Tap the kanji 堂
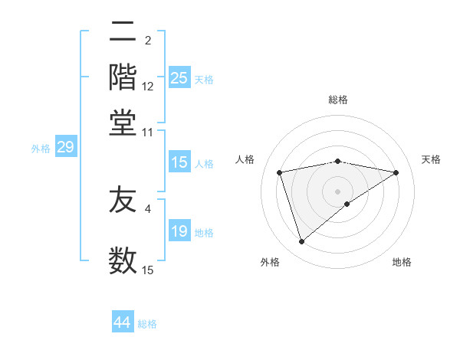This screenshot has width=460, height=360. pyautogui.click(x=123, y=122)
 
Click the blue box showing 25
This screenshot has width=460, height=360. pyautogui.click(x=179, y=78)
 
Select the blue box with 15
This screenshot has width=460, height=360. pyautogui.click(x=179, y=162)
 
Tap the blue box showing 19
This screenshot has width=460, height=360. pyautogui.click(x=179, y=232)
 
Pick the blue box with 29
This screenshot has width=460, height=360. pyautogui.click(x=65, y=148)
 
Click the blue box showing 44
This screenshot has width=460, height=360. pyautogui.click(x=123, y=323)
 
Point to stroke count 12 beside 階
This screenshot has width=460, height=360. pyautogui.click(x=148, y=87)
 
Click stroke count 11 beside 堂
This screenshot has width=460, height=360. pyautogui.click(x=148, y=132)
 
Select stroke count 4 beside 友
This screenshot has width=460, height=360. pyautogui.click(x=148, y=208)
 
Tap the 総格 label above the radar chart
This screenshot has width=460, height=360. pyautogui.click(x=338, y=100)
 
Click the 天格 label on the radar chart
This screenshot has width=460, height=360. pyautogui.click(x=431, y=159)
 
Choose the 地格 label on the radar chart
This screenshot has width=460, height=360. pyautogui.click(x=402, y=262)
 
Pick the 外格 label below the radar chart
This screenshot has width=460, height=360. pyautogui.click(x=270, y=262)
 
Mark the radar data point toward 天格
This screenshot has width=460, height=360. pyautogui.click(x=396, y=172)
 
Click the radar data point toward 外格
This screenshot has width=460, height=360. pyautogui.click(x=301, y=242)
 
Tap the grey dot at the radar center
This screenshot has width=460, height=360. pyautogui.click(x=337, y=191)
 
